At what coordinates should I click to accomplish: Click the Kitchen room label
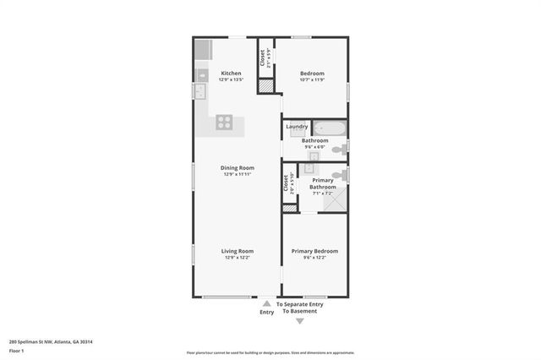click(x=231, y=74)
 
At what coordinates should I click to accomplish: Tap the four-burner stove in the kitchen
click(x=224, y=121)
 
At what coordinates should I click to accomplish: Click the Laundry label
click(x=297, y=127)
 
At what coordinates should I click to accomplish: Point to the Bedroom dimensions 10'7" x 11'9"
click(x=313, y=80)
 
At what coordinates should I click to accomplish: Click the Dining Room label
click(x=238, y=167)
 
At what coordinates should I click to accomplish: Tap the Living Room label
click(x=238, y=251)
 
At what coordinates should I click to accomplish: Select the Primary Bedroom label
click(x=314, y=251)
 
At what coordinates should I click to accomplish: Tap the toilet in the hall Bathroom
click(x=337, y=150)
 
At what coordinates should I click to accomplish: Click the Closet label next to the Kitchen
click(x=264, y=57)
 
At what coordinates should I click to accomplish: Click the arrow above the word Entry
click(x=266, y=303)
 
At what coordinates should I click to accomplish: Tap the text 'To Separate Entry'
click(x=300, y=304)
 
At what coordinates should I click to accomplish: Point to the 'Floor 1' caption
click(x=17, y=349)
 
